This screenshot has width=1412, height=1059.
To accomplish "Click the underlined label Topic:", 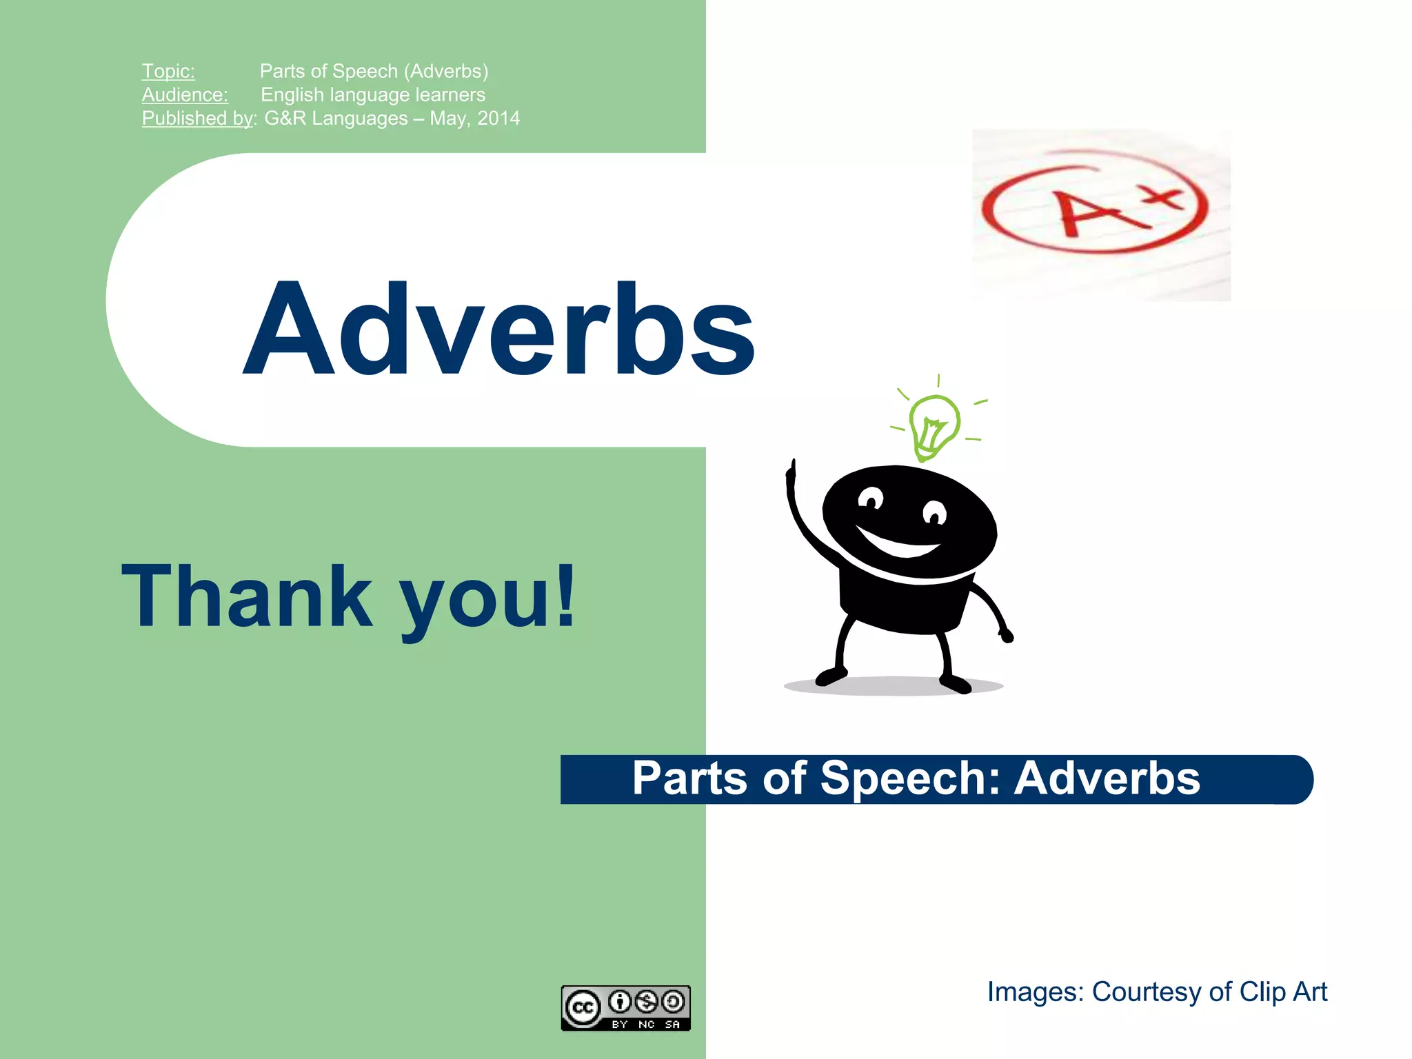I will coord(168,71).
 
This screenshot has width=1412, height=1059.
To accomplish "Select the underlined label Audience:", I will coord(185,94).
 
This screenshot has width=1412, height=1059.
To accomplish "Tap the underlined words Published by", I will coord(197,118).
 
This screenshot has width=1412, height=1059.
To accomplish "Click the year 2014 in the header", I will coord(498,118).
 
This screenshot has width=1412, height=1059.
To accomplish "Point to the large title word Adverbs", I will coord(499,330).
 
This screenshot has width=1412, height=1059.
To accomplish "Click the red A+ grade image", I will coord(1100,214).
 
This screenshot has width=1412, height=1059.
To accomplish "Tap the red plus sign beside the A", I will coord(1164,194).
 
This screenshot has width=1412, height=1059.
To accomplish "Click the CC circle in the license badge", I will coord(583,1007).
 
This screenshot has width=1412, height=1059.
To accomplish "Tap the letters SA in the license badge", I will coord(672,1025).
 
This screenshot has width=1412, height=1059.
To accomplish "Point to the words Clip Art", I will coord(1283,992).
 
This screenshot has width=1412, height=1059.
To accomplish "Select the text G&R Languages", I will coord(336,118).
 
